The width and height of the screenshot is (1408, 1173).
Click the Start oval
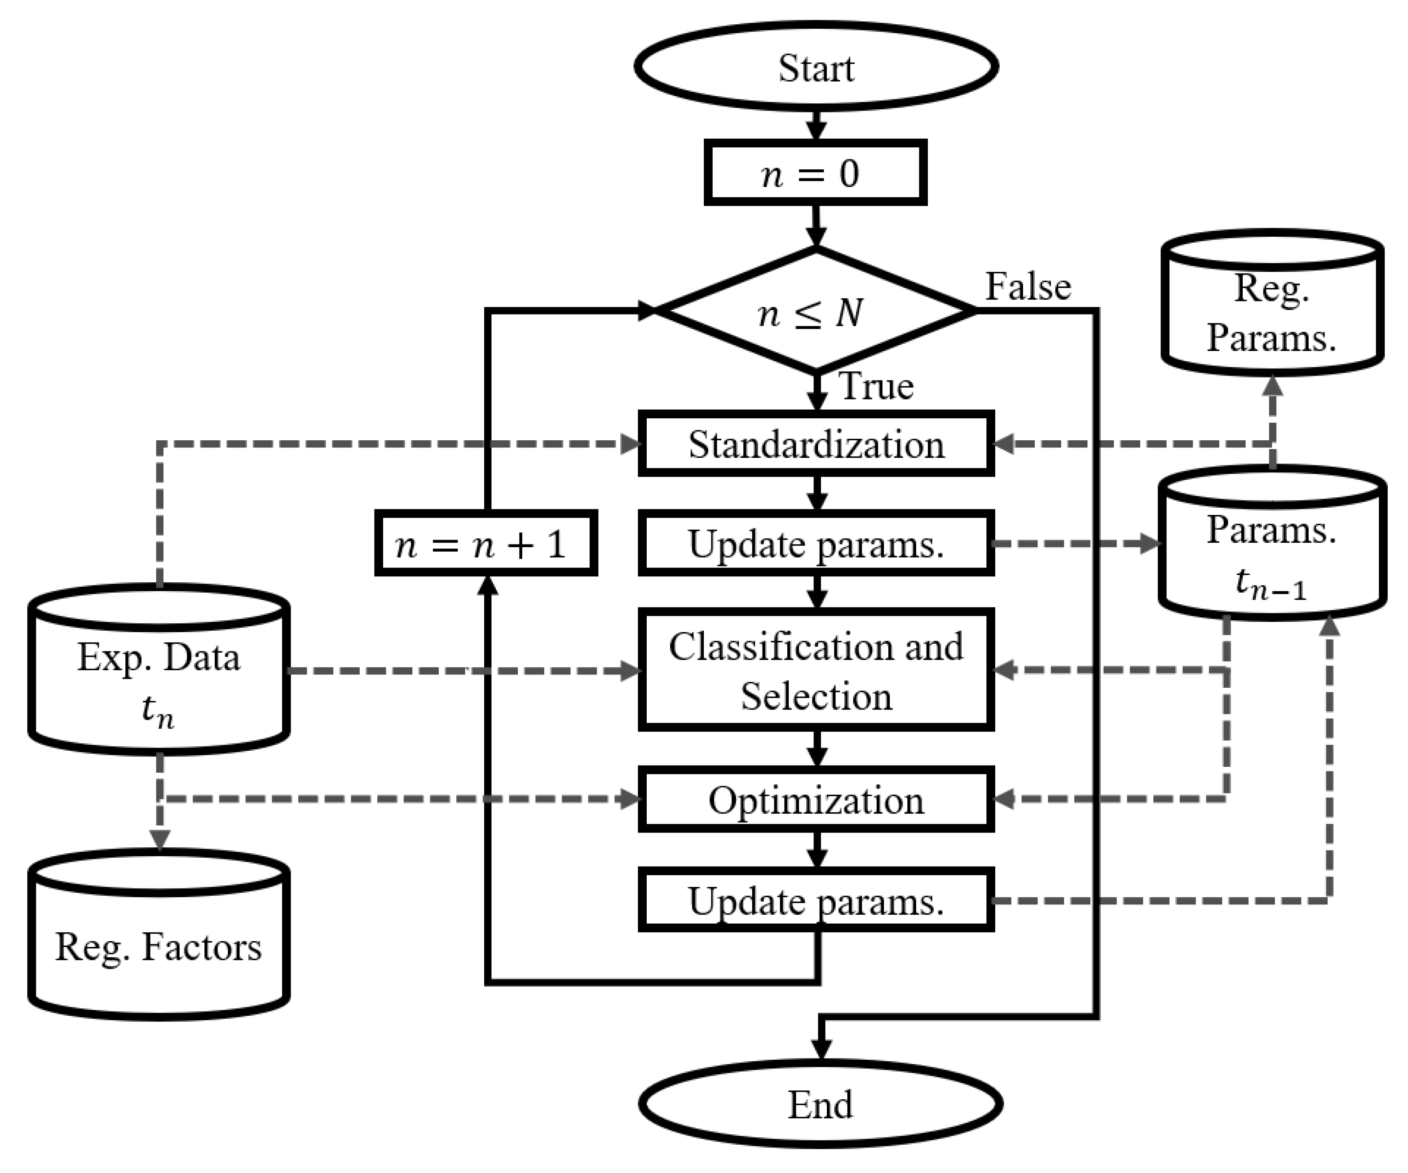816,67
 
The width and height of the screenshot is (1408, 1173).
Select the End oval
820,1105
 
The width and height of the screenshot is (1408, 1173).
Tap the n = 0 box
815,173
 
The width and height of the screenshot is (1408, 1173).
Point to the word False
1028,287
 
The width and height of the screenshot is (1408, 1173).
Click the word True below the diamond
876,387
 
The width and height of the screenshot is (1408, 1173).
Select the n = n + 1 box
486,543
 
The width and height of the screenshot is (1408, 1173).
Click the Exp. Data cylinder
159,677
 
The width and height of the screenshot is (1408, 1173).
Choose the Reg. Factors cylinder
159,946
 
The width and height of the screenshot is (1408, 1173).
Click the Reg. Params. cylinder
1272,312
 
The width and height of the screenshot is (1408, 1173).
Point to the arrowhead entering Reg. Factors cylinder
159,840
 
